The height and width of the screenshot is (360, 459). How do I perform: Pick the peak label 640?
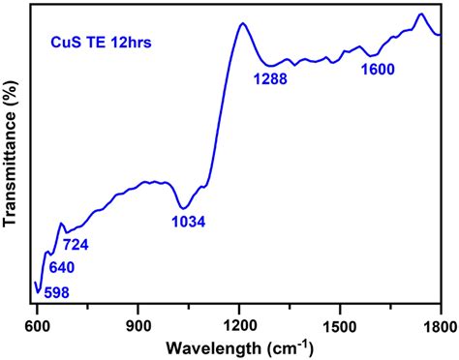pyautogui.click(x=59, y=267)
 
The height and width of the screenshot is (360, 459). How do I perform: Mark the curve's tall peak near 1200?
pyautogui.click(x=239, y=24)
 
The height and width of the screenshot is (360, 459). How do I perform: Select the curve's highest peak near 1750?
pyautogui.click(x=420, y=15)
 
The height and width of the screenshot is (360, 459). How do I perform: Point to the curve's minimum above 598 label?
pyautogui.click(x=39, y=290)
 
